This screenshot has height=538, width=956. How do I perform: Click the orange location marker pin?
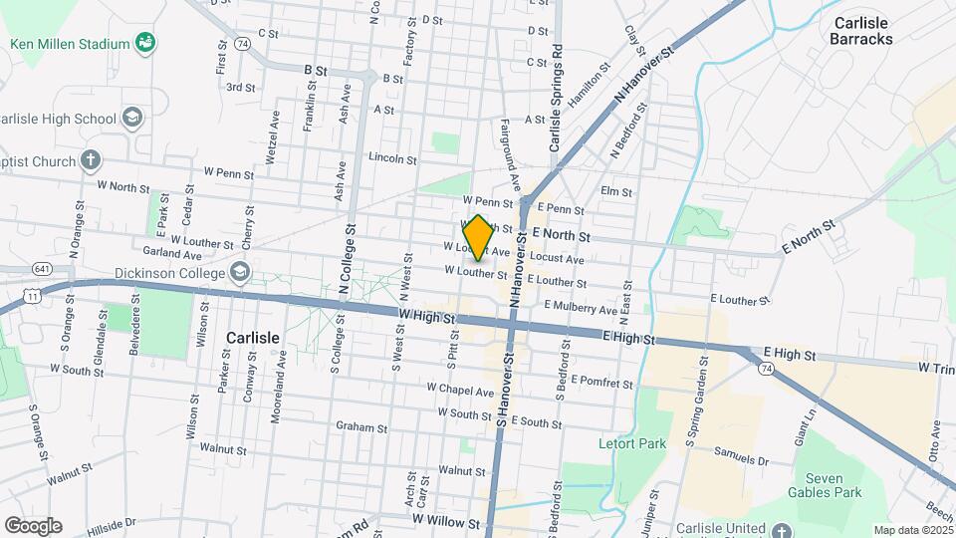[478, 238]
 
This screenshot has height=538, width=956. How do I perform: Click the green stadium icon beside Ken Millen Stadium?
[146, 43]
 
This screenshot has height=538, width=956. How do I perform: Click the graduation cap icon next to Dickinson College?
[240, 270]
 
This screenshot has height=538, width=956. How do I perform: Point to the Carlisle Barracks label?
[862, 30]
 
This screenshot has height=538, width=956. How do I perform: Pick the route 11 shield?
[33, 296]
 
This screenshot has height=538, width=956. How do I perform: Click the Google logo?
[33, 525]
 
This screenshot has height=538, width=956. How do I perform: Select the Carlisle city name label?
[253, 338]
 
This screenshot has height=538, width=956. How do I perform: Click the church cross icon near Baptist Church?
[91, 160]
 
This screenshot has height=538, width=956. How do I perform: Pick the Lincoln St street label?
[391, 158]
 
